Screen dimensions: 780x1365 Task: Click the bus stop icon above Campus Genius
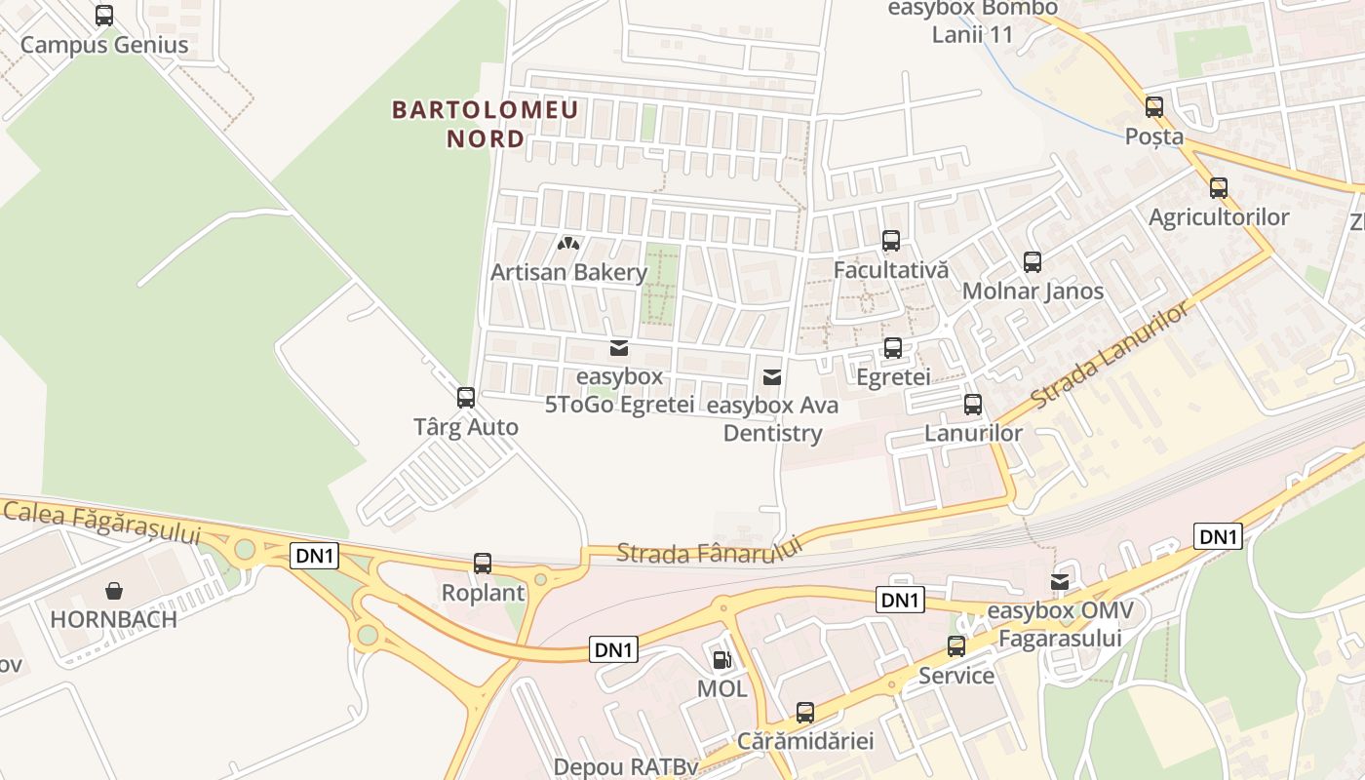(104, 16)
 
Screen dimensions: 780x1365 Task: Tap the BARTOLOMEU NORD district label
(486, 124)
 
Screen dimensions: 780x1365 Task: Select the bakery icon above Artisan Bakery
(568, 243)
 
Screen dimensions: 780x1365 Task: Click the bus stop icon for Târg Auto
(466, 398)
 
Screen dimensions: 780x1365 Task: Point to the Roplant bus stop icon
(483, 563)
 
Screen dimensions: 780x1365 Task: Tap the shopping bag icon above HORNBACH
(114, 590)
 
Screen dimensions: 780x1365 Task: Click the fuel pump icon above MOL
(721, 660)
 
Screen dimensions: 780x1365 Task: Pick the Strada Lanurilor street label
(1111, 356)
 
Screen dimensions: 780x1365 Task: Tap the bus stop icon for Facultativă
(891, 241)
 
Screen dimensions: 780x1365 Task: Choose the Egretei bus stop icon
(893, 347)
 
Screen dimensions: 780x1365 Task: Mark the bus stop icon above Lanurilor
(973, 405)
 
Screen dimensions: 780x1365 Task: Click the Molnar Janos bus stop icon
(1033, 261)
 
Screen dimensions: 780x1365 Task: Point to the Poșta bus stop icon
(1154, 107)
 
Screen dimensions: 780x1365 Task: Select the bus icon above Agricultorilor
(1219, 188)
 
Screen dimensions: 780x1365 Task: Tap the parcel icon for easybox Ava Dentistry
(772, 376)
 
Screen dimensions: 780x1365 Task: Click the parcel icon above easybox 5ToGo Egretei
(618, 348)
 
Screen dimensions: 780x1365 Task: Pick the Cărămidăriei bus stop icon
(805, 713)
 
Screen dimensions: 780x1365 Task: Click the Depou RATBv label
(626, 767)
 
